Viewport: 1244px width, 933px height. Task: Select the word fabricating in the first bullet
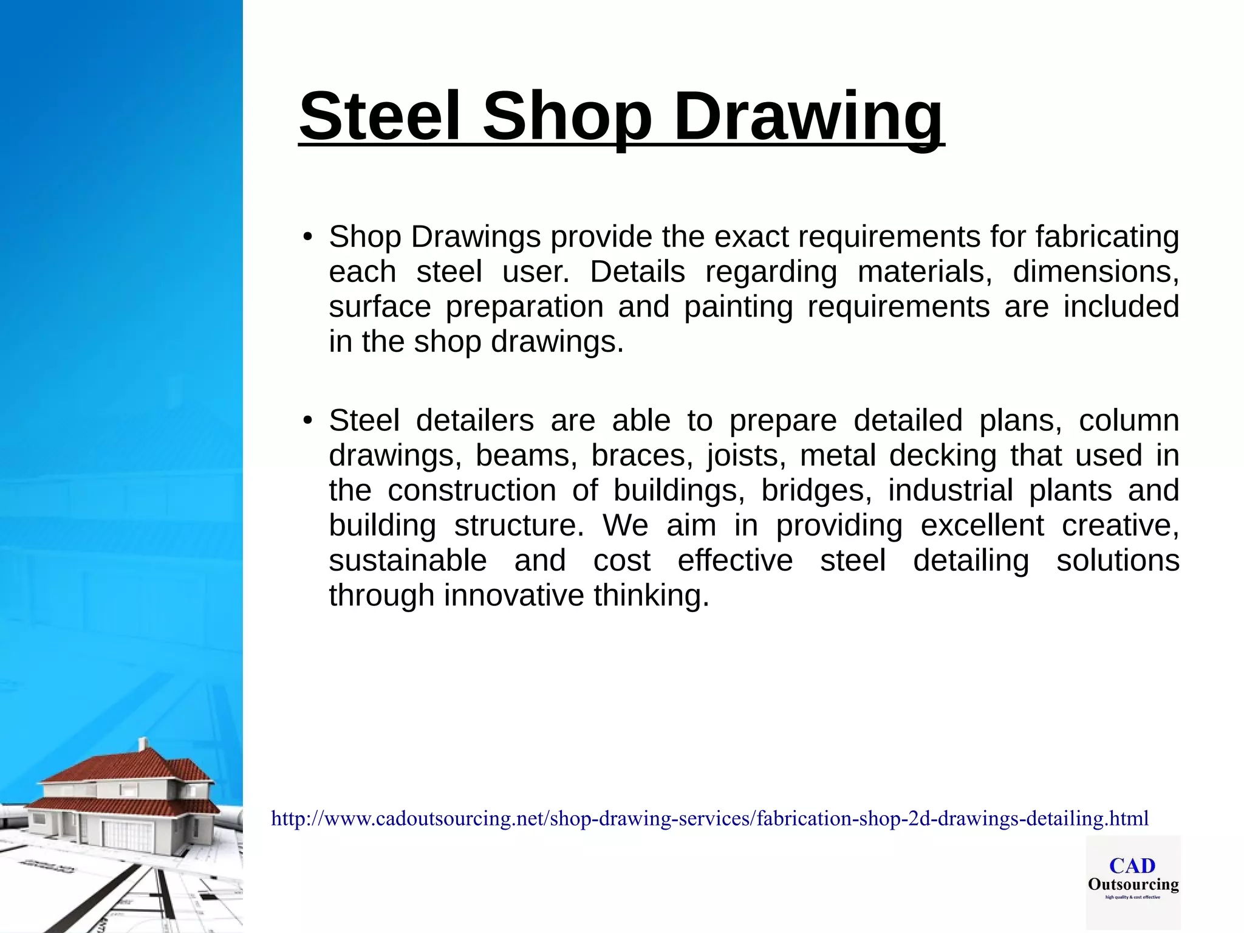[x=1107, y=236]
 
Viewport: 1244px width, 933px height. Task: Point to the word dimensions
[x=1095, y=272]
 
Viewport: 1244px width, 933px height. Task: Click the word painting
[x=738, y=307]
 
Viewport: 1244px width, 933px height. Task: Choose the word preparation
[x=524, y=307]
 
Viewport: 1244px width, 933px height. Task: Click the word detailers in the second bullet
[x=474, y=421]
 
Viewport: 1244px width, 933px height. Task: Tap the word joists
[x=746, y=456]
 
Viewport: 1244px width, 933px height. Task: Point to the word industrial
[x=951, y=491]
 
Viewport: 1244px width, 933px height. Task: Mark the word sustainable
[x=408, y=560]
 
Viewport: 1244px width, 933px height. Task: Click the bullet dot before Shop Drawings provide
[x=307, y=236]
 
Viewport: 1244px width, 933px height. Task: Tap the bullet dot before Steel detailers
[x=307, y=421]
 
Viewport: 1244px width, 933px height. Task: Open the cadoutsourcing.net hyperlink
[x=709, y=819]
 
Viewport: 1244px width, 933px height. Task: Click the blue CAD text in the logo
[x=1132, y=866]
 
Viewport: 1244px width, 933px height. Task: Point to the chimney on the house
[x=143, y=745]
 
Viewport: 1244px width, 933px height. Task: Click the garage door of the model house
[x=121, y=836]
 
